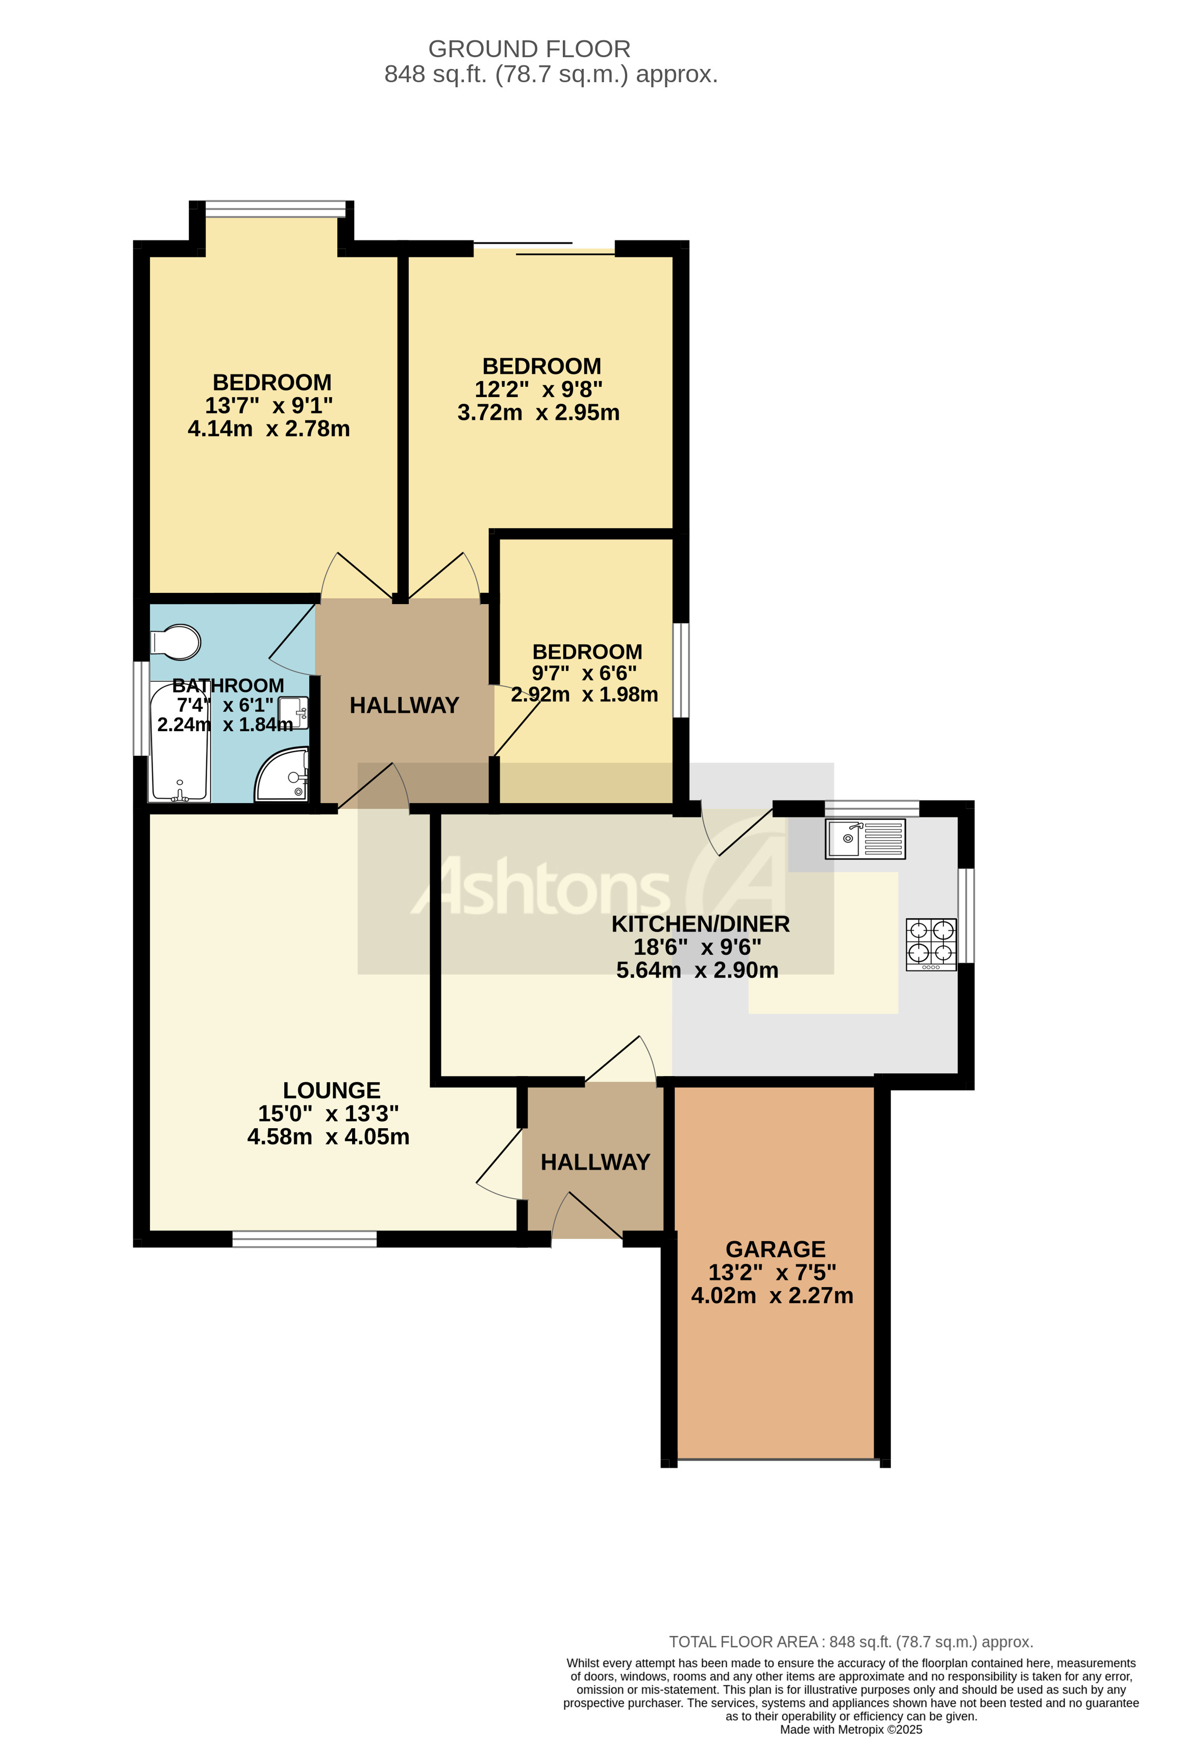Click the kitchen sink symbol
click(x=865, y=838)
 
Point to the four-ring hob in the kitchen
click(x=931, y=944)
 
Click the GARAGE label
click(x=775, y=1249)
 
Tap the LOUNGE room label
click(x=331, y=1090)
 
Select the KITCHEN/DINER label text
click(x=700, y=924)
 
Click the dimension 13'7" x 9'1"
click(x=268, y=405)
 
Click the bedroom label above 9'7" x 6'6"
click(x=587, y=652)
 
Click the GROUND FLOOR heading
click(x=529, y=48)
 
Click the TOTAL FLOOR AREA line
click(x=851, y=1642)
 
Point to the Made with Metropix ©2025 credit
click(x=851, y=1729)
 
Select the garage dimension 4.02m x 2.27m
click(x=772, y=1295)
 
